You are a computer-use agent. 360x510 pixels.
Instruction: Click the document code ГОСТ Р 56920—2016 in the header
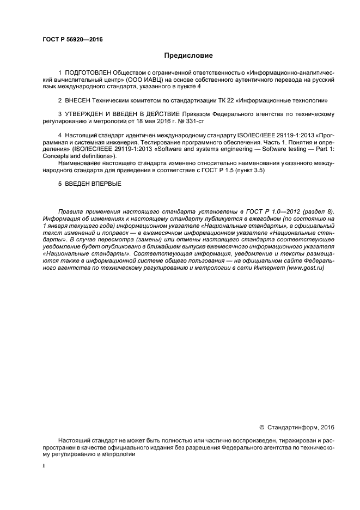pyautogui.click(x=72, y=40)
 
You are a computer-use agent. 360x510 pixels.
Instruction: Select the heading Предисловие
pyautogui.click(x=188, y=56)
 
